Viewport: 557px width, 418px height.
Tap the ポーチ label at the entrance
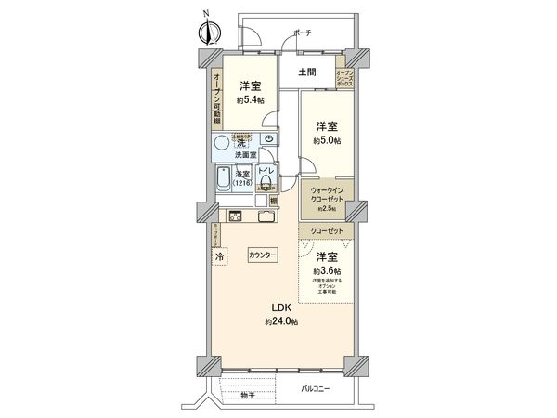point(302,33)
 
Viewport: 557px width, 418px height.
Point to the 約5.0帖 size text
point(327,140)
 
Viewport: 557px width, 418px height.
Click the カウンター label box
point(263,255)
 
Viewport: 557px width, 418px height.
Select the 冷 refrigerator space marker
point(220,256)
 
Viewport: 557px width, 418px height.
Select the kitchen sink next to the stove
point(264,218)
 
